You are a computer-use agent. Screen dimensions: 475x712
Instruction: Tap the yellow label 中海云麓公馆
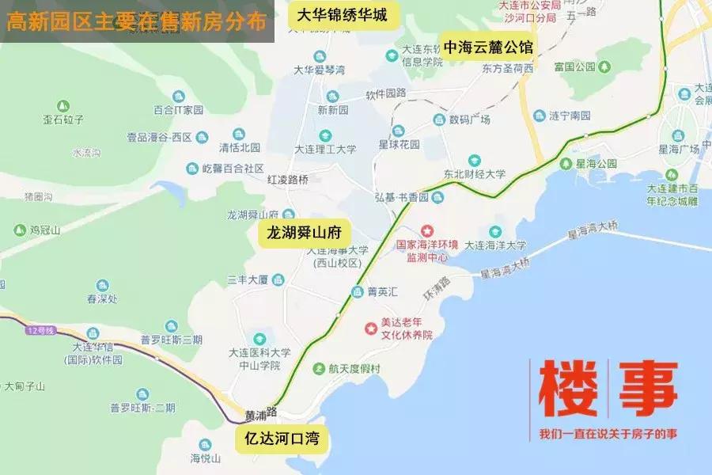pos(488,47)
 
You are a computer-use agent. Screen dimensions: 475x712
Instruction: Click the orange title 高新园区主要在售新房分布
pos(136,21)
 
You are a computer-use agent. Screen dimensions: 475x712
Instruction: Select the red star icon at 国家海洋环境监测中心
pos(428,230)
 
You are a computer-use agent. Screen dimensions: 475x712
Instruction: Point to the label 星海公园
pos(596,164)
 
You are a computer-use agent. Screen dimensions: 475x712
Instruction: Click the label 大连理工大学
pos(325,148)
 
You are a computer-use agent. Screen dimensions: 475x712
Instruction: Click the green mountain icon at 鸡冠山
pos(19,230)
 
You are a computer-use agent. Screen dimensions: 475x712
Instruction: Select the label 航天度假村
pos(355,368)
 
